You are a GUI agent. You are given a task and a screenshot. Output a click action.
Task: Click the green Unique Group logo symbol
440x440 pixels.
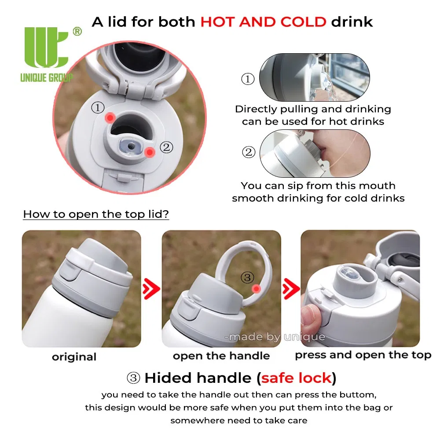point(46,47)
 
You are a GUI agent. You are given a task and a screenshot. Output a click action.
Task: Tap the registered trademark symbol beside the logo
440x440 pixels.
point(77,31)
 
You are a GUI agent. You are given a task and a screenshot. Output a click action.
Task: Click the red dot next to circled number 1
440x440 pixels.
point(110,117)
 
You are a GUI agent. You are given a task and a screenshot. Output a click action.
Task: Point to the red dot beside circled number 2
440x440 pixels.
point(150,152)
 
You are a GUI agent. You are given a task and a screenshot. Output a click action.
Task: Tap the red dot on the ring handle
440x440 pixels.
point(256,289)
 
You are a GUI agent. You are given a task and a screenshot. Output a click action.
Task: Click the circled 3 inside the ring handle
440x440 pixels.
point(247,278)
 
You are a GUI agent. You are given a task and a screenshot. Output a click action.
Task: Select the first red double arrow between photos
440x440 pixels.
point(151,289)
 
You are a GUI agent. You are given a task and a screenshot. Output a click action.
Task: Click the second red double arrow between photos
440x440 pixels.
point(291,289)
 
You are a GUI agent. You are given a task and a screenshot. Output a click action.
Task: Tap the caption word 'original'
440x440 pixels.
point(74,357)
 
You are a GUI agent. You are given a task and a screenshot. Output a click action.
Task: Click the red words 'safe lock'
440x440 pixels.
point(297,378)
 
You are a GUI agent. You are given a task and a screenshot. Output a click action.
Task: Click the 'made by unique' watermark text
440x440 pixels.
point(275,337)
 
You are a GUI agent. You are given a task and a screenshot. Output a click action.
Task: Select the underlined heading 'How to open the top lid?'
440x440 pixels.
point(96,214)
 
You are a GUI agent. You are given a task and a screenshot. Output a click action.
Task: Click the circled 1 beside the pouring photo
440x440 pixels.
point(248,79)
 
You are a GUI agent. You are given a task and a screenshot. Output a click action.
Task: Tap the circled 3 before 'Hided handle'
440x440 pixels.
point(134,378)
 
